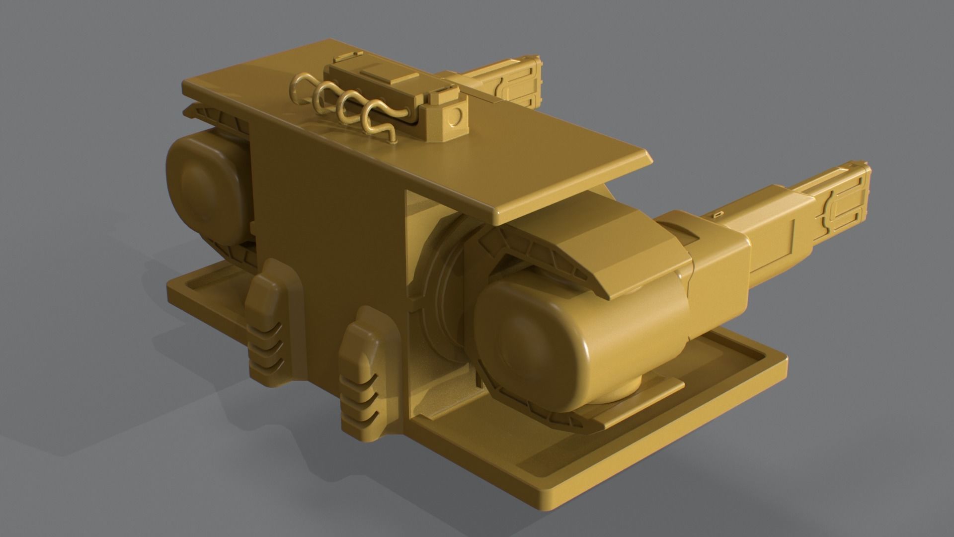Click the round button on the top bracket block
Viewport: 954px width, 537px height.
454,117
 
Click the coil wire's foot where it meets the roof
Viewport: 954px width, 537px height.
394,141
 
